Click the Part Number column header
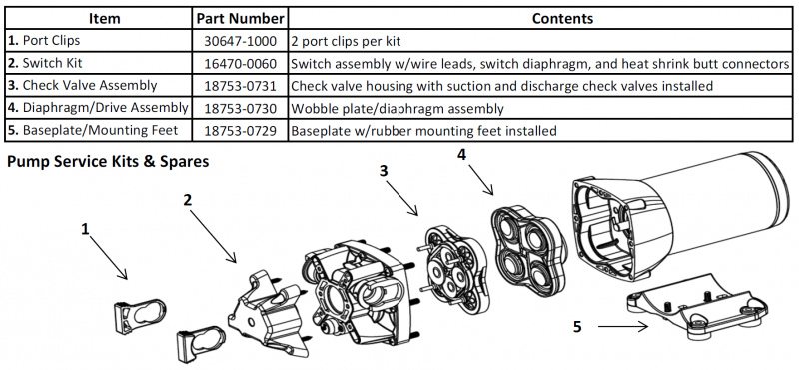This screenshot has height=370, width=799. pos(240,19)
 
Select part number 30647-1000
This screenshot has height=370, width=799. pos(240,41)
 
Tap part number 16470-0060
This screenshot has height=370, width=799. pos(240,64)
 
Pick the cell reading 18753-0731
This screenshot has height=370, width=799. pos(240,86)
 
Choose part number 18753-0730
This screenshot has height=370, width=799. pos(240,108)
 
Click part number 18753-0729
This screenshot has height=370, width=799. pos(240,131)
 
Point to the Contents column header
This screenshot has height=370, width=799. pos(562,19)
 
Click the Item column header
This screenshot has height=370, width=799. pos(105,19)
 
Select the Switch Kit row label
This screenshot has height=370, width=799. pos(45,64)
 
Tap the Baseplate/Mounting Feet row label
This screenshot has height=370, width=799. pos(93,131)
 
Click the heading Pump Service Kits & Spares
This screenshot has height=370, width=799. pos(108,162)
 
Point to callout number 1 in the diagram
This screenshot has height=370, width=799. pos(85,229)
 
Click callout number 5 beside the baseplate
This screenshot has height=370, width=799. pos(577,327)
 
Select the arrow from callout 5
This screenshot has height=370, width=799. pos(622,327)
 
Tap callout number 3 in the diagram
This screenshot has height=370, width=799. pos(384,170)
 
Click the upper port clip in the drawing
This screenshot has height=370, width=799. pos(139,316)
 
